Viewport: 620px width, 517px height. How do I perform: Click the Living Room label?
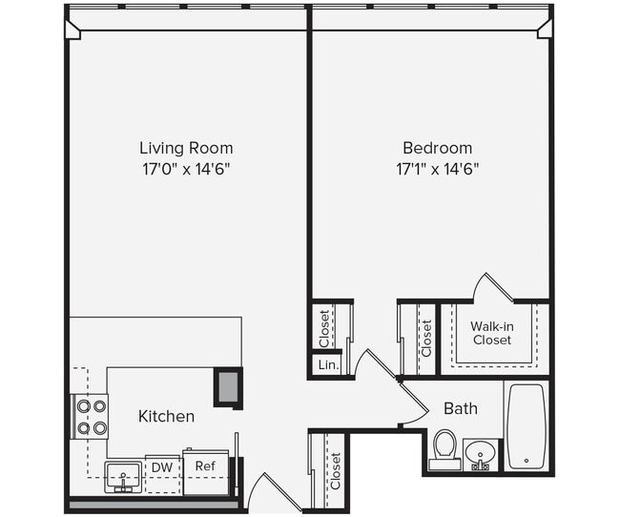[186, 148]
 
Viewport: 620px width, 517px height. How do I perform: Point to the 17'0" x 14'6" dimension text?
[186, 169]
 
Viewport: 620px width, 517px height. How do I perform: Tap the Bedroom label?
[437, 148]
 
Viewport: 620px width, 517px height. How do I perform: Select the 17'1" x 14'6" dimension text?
[437, 169]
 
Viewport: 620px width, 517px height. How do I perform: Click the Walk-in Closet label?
[491, 333]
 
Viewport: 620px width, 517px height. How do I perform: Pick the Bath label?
[461, 409]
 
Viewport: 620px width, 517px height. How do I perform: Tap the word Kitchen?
[167, 416]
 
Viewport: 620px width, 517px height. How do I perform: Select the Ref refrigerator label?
[205, 465]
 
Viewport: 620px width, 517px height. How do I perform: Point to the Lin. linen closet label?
[324, 364]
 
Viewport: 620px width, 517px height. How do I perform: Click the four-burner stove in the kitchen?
[90, 417]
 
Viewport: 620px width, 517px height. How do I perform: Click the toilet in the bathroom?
[444, 448]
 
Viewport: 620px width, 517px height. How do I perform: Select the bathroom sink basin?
[481, 452]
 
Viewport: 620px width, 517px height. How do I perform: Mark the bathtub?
[525, 425]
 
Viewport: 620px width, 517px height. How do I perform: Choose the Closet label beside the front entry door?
[335, 470]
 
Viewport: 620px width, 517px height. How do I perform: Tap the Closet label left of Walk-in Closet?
[426, 338]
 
